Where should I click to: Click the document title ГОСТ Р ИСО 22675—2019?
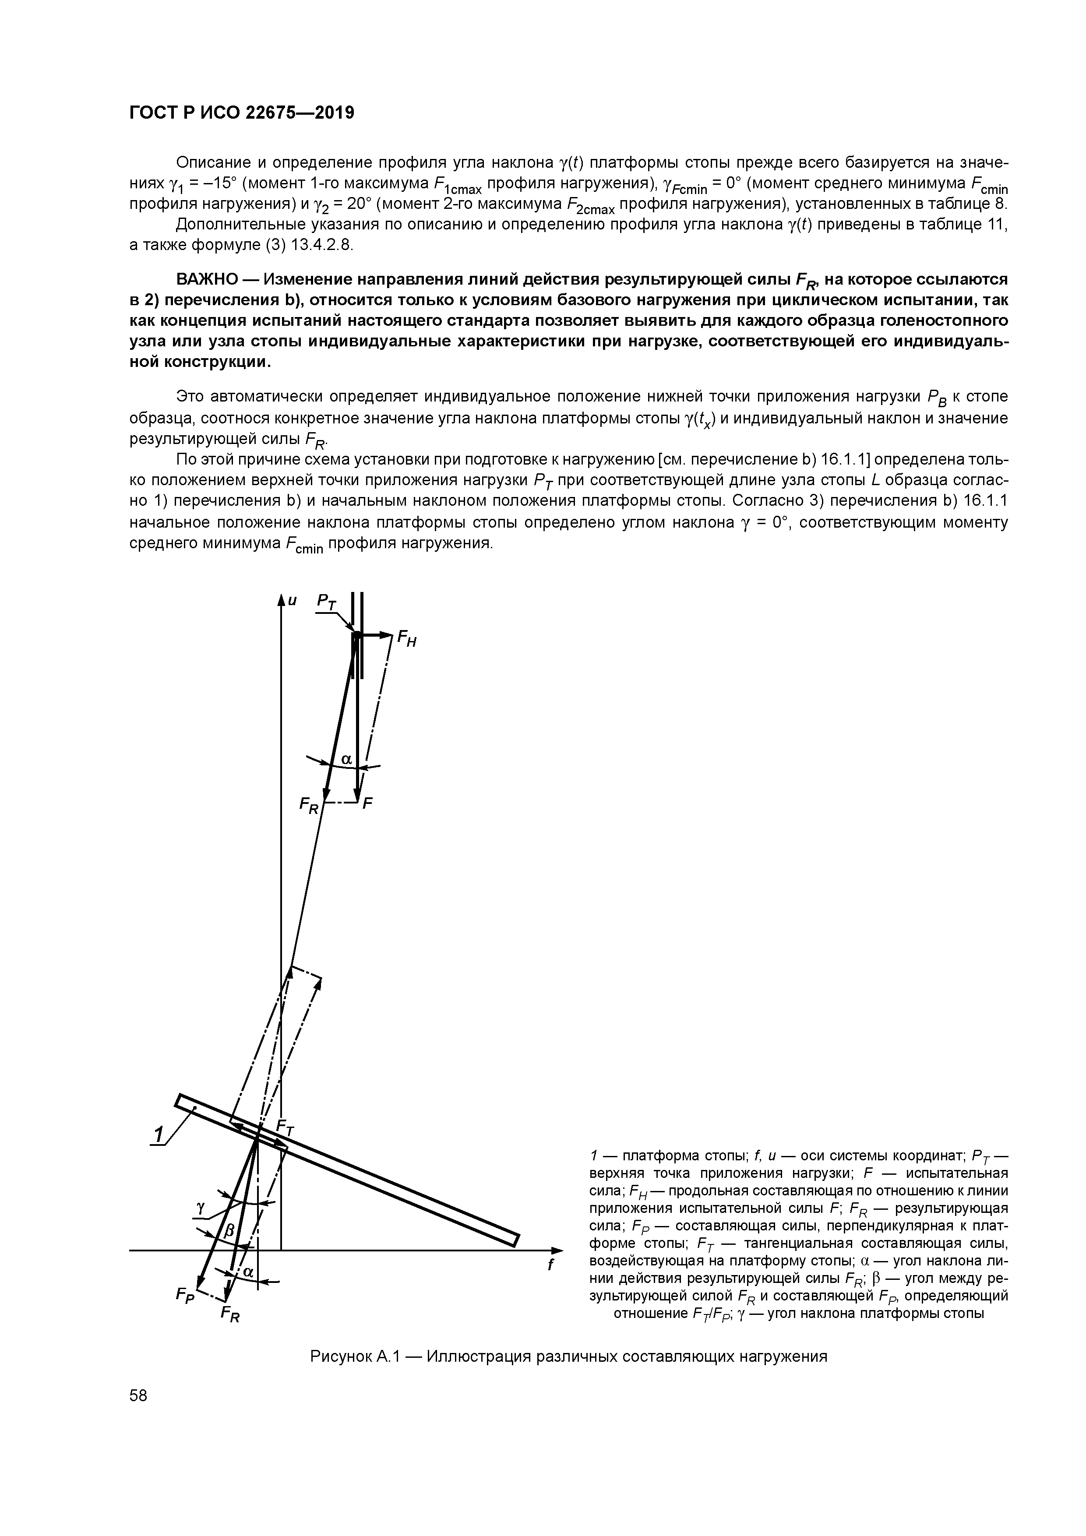[241, 113]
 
